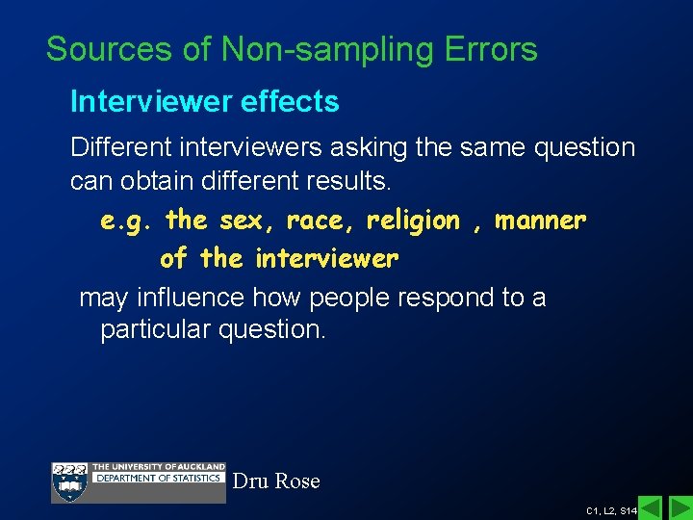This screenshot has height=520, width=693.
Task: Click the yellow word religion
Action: point(414,221)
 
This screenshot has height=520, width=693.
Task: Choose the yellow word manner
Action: point(540,221)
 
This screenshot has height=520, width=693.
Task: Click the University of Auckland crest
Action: point(69,481)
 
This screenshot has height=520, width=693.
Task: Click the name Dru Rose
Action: point(276,481)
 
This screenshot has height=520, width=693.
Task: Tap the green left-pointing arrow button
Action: point(651,508)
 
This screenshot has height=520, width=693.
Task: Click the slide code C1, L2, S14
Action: point(610,510)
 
